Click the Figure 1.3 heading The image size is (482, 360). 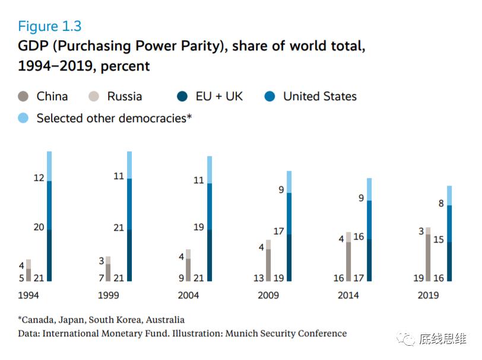pyautogui.click(x=50, y=26)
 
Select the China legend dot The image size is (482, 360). pyautogui.click(x=23, y=96)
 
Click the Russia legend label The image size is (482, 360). pyautogui.click(x=125, y=96)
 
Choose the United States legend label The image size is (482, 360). pyautogui.click(x=319, y=96)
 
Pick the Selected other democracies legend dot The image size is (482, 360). pyautogui.click(x=23, y=118)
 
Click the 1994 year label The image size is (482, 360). pyautogui.click(x=29, y=295)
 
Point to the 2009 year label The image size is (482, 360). pyautogui.click(x=268, y=295)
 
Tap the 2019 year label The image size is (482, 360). pyautogui.click(x=428, y=295)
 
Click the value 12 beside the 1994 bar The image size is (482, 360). pyautogui.click(x=39, y=177)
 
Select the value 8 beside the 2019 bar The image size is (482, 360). pyautogui.click(x=441, y=203)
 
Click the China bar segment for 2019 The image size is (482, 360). pyautogui.click(x=427, y=257)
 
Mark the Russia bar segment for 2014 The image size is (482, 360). pyautogui.click(x=348, y=237)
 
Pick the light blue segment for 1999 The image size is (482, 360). pyautogui.click(x=129, y=165)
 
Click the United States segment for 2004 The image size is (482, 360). pyautogui.click(x=210, y=206)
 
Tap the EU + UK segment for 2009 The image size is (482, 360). pyautogui.click(x=289, y=257)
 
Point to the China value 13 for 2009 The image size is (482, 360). pyautogui.click(x=259, y=278)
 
